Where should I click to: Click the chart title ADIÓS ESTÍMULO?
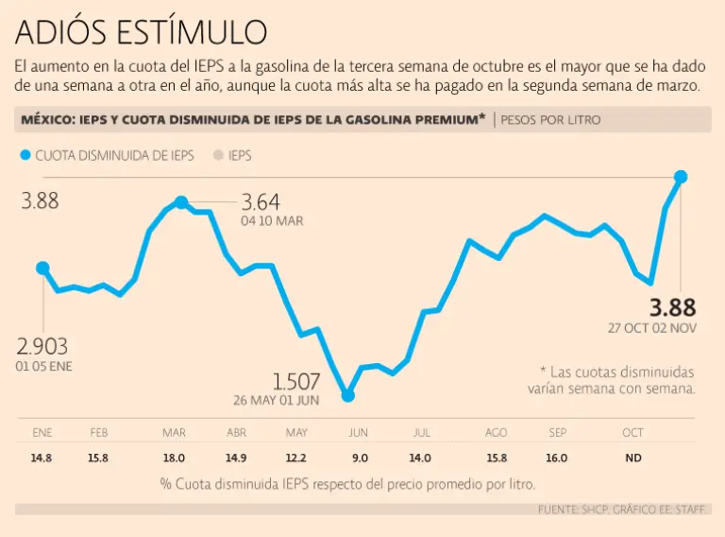pyautogui.click(x=141, y=33)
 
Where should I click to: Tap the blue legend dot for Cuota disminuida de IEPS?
pyautogui.click(x=25, y=155)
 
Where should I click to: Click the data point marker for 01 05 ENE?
pyautogui.click(x=42, y=268)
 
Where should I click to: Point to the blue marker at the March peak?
pyautogui.click(x=181, y=202)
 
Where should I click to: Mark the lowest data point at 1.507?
pyautogui.click(x=347, y=395)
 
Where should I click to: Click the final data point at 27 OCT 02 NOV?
pyautogui.click(x=681, y=177)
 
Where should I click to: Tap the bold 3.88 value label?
pyautogui.click(x=672, y=307)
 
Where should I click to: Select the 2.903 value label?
pyautogui.click(x=43, y=346)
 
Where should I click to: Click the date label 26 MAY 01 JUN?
pyautogui.click(x=276, y=400)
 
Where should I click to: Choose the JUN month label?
pyautogui.click(x=359, y=433)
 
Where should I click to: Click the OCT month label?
pyautogui.click(x=632, y=433)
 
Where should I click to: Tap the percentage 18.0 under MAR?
pyautogui.click(x=174, y=458)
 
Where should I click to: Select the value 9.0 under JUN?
pyautogui.click(x=360, y=458)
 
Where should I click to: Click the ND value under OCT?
pyautogui.click(x=632, y=458)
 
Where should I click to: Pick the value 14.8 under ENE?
pyautogui.click(x=42, y=458)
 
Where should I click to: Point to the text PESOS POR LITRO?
pyautogui.click(x=550, y=120)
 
